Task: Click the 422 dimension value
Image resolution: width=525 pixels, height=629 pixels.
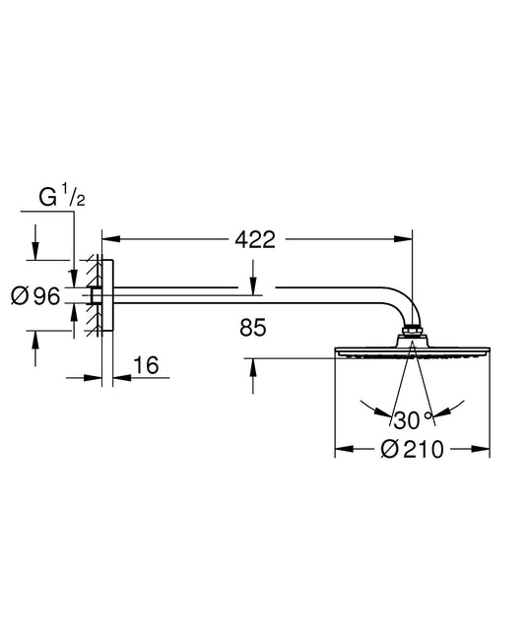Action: [x=255, y=239]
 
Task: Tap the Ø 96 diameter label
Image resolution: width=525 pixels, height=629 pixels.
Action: [x=35, y=296]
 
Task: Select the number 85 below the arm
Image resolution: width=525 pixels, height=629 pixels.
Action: [x=253, y=327]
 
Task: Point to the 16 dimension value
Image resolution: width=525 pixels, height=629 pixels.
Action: [x=146, y=365]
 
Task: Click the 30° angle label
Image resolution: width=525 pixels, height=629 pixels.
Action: [x=413, y=419]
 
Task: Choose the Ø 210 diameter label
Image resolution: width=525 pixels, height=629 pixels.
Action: [x=412, y=449]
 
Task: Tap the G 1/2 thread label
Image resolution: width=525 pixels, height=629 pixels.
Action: [x=62, y=197]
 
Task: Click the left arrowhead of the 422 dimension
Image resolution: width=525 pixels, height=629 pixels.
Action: [x=111, y=239]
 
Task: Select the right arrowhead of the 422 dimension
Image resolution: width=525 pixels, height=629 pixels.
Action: [x=403, y=239]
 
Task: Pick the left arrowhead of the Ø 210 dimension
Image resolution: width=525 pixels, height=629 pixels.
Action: [x=345, y=449]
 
